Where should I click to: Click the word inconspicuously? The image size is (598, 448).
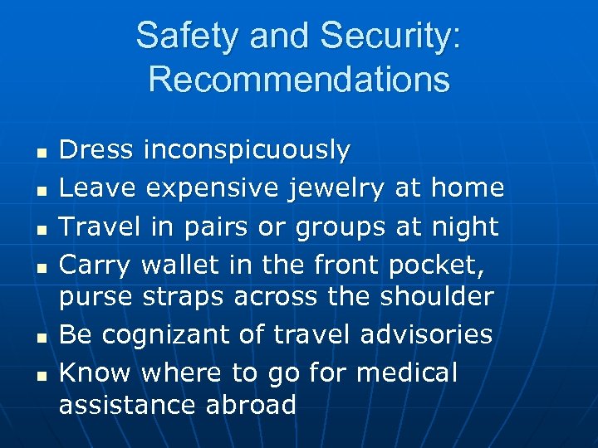click(x=247, y=150)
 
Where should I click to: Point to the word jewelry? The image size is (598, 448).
click(x=336, y=188)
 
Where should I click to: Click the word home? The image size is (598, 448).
click(x=468, y=188)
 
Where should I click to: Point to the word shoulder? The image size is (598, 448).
click(x=437, y=296)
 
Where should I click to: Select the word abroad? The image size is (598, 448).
click(x=249, y=405)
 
